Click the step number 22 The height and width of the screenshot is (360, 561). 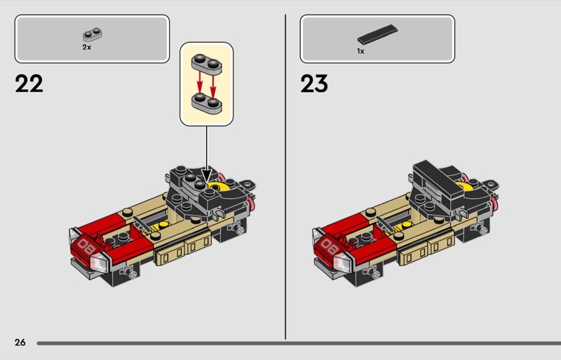29,84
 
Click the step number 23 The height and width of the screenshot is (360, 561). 314,84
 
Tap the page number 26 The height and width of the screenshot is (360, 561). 20,342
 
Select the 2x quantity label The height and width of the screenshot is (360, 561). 86,47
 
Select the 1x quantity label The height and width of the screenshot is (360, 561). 360,51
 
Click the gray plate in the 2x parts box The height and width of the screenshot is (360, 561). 93,35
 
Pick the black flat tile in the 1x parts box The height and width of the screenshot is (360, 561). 377,34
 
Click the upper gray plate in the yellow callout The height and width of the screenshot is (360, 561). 206,64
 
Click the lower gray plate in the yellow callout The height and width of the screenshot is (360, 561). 206,103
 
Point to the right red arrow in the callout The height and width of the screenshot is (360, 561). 213,86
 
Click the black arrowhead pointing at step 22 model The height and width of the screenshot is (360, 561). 206,175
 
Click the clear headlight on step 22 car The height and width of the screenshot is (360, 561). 99,262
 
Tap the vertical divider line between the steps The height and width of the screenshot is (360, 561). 285,177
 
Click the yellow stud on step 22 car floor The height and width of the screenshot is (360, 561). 163,225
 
